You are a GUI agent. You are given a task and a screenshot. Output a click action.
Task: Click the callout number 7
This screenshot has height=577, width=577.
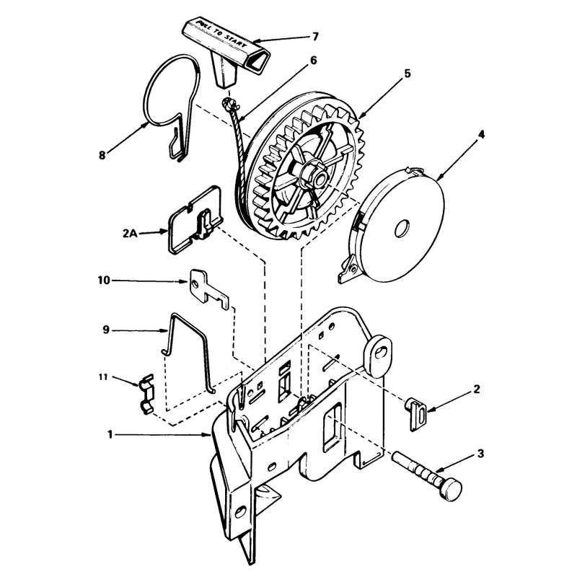tap(315, 37)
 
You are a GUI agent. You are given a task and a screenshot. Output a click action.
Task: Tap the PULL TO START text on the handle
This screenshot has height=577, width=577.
tap(221, 34)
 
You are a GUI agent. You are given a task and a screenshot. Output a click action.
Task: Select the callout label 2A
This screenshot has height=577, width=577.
tap(130, 233)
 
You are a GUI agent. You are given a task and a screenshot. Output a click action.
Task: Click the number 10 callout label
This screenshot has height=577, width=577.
tap(104, 281)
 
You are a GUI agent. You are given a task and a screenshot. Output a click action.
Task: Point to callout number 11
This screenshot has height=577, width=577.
tap(103, 376)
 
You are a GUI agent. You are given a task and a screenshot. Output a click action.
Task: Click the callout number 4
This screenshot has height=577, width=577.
tap(480, 135)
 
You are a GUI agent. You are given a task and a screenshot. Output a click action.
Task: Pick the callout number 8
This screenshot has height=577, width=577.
tap(102, 155)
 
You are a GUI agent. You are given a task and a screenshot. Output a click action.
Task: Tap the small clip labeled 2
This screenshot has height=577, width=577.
tap(416, 414)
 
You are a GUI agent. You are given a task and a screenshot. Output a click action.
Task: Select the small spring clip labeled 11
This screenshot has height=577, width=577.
tap(147, 394)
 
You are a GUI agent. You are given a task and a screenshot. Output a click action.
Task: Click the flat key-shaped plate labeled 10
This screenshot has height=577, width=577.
tap(208, 289)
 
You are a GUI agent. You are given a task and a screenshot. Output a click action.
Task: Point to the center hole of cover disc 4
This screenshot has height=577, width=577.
tap(402, 229)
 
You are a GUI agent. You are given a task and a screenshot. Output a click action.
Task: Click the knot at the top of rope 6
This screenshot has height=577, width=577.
tap(228, 104)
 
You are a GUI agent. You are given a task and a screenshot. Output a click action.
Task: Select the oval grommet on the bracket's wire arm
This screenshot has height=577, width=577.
tap(378, 353)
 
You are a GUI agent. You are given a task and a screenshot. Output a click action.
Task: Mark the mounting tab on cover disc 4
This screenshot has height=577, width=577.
tap(348, 268)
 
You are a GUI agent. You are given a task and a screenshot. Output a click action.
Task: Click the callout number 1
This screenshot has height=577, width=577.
tap(110, 435)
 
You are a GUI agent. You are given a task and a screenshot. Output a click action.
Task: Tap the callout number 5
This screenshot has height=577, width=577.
tap(407, 74)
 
